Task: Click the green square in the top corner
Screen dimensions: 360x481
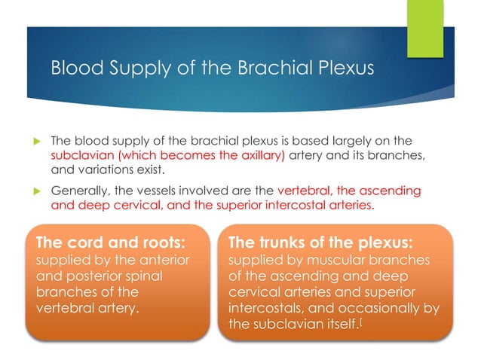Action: pyautogui.click(x=426, y=28)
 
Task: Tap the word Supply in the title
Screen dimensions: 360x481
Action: pyautogui.click(x=126, y=69)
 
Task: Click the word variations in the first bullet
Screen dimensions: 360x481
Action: pyautogui.click(x=103, y=169)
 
